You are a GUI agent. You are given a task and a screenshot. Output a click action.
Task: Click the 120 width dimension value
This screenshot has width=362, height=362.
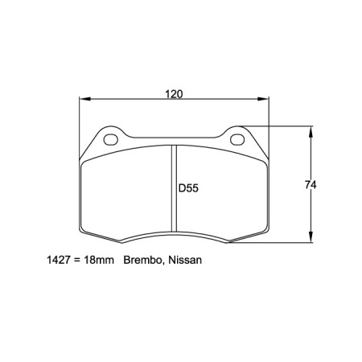(173, 94)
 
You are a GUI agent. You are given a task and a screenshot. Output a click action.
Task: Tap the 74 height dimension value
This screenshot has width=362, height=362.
(310, 185)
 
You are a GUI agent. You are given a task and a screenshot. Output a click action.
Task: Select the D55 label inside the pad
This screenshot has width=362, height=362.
(187, 190)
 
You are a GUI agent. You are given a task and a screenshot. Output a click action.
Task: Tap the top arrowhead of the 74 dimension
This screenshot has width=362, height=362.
(311, 130)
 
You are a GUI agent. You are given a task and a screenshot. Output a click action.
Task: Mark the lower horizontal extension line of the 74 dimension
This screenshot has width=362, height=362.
(282, 242)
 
